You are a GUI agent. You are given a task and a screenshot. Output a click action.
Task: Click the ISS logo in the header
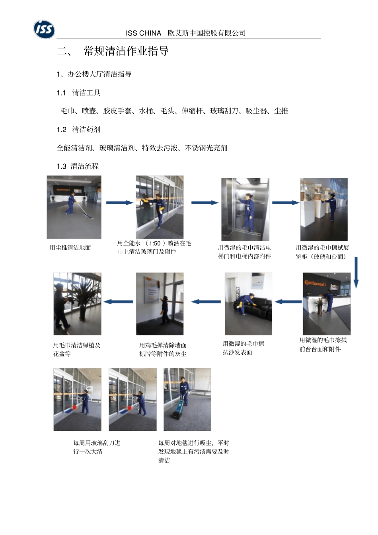click(44, 29)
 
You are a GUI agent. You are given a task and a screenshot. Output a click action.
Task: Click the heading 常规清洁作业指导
click(126, 51)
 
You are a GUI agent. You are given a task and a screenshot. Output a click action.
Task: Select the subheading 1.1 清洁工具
click(78, 93)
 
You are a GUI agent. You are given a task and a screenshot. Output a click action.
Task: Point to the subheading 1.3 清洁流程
click(78, 166)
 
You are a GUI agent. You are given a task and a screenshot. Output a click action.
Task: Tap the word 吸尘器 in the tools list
click(256, 111)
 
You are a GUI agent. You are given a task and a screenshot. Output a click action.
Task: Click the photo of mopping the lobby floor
click(74, 207)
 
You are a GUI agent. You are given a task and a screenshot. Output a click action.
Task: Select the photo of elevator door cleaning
click(245, 209)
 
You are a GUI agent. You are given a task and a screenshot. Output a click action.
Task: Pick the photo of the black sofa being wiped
click(248, 304)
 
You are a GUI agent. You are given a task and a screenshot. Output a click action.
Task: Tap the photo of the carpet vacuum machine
click(187, 399)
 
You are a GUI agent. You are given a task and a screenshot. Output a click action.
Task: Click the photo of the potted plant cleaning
click(77, 304)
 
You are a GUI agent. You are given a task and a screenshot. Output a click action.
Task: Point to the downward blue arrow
click(356, 272)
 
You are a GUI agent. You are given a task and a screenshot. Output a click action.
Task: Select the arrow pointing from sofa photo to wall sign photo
click(206, 302)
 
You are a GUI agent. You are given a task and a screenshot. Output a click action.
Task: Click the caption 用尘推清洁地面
click(70, 248)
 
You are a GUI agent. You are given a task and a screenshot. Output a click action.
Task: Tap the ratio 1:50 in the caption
click(155, 243)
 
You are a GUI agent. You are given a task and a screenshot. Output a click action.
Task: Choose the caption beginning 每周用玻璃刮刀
click(97, 447)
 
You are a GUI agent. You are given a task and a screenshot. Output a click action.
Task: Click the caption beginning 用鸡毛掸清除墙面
click(163, 350)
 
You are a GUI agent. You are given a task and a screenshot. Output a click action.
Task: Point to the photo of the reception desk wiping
click(326, 303)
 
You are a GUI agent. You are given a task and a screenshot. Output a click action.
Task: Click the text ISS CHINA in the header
click(143, 33)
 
